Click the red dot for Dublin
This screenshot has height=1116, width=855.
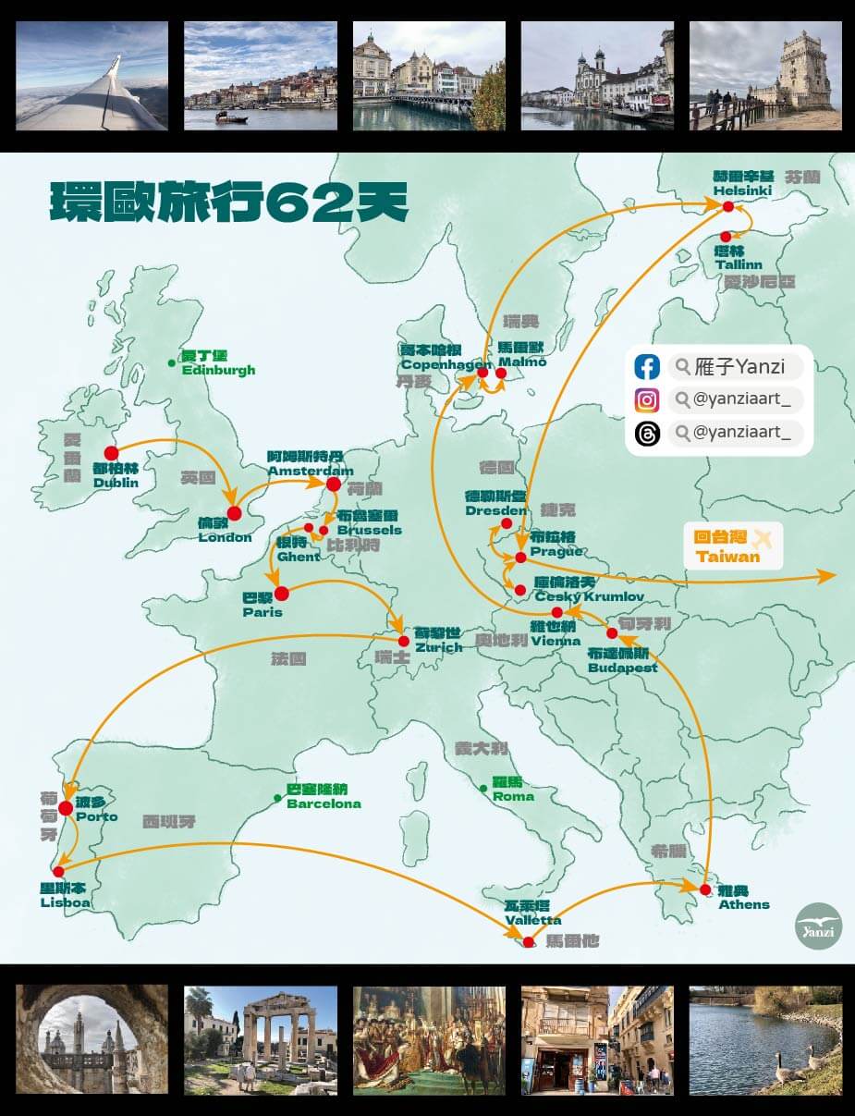coord(111,453)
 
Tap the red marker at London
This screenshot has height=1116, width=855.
coord(234,513)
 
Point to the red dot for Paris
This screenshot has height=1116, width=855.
coord(282,594)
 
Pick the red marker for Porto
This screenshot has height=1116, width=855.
coord(66,809)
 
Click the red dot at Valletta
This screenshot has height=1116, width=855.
coord(529,942)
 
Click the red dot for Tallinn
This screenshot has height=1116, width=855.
coord(726,237)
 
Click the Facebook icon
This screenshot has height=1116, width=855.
coord(647,366)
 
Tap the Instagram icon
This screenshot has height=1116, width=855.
coord(647,400)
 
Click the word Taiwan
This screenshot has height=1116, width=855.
coord(728,556)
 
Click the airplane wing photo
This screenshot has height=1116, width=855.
coord(92,76)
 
